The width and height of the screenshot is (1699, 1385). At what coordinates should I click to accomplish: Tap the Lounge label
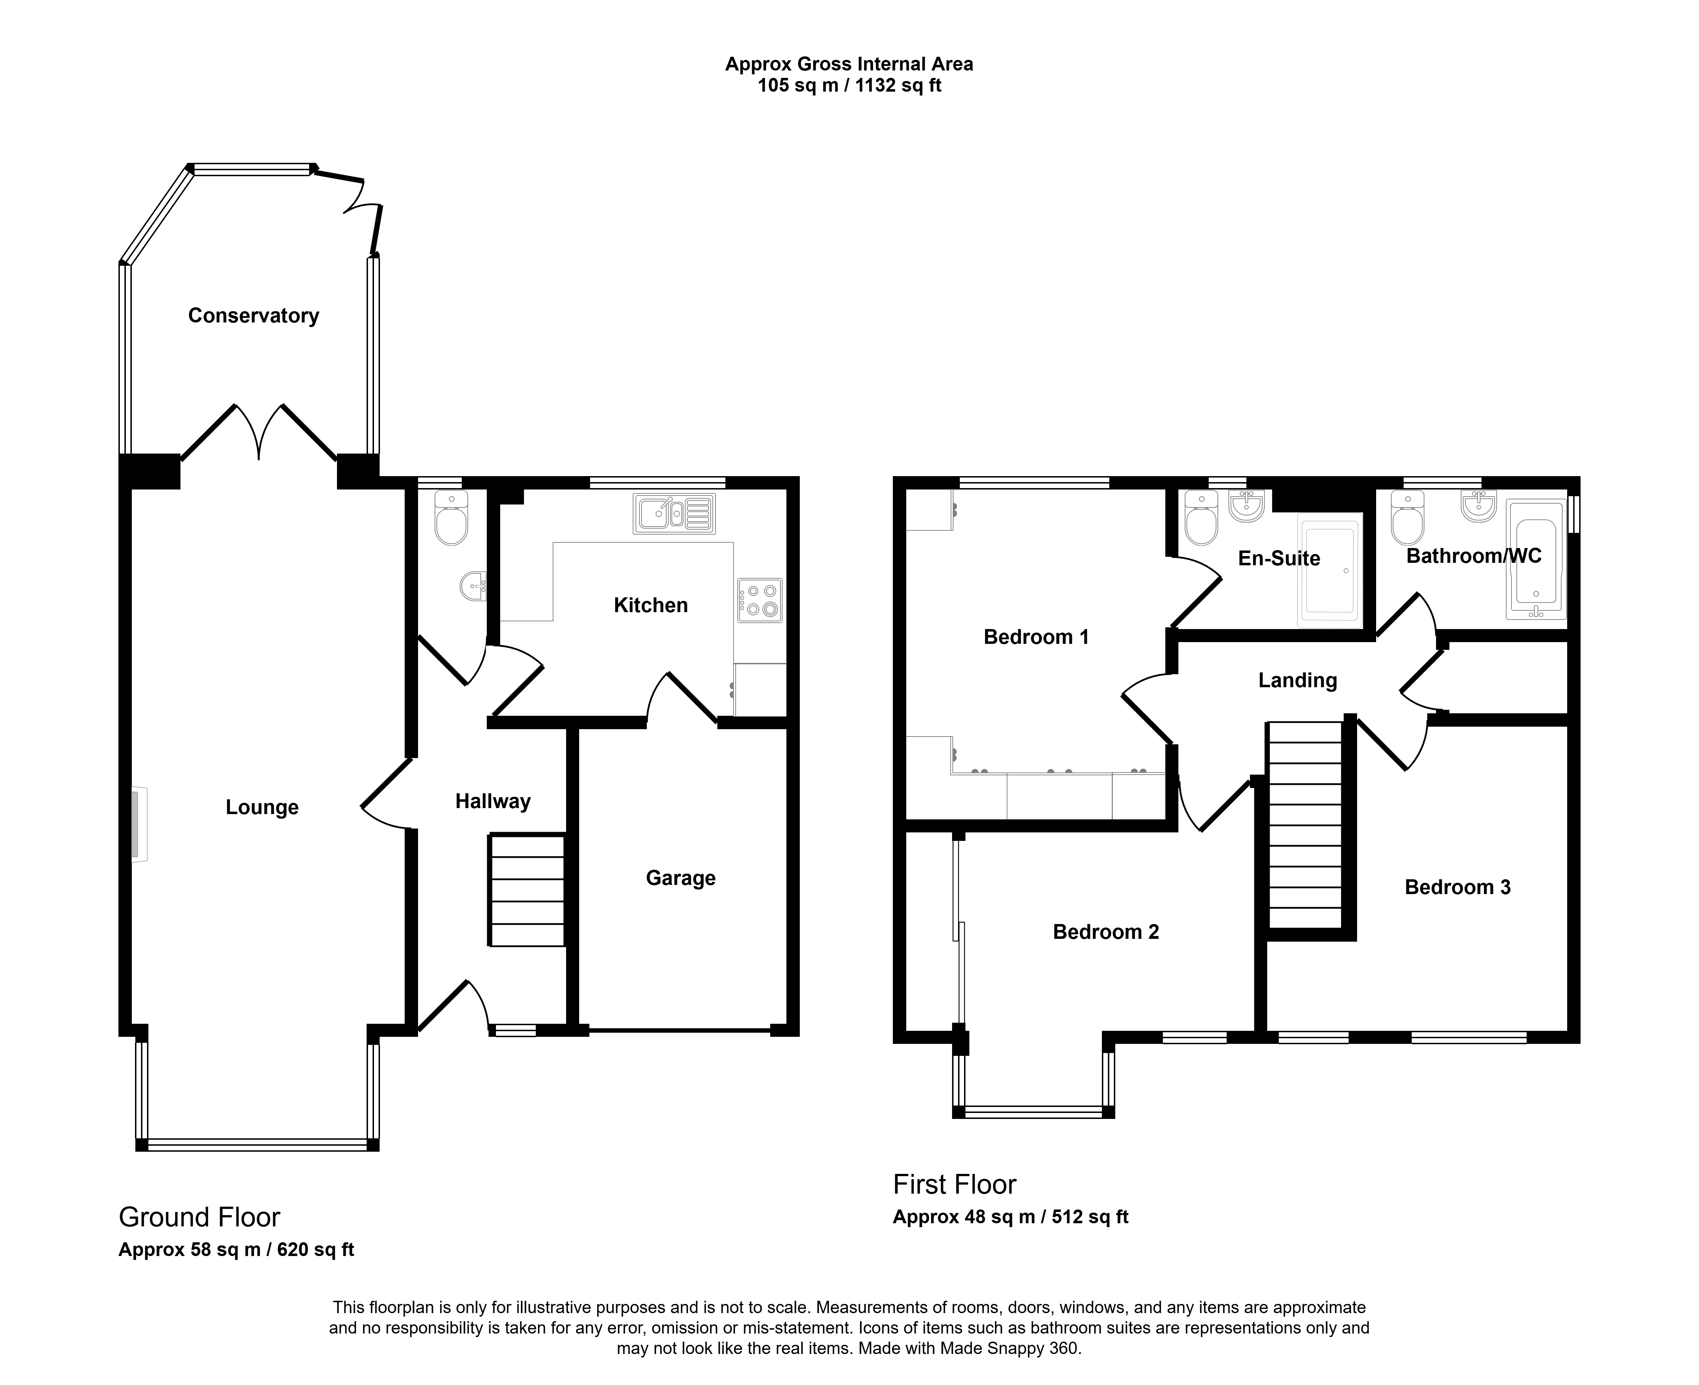(262, 807)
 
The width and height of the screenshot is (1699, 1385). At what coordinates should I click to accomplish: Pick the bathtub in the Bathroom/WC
(1535, 559)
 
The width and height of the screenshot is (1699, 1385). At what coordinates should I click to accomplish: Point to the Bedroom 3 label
(1457, 887)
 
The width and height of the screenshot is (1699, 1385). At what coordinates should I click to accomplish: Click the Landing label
(1298, 681)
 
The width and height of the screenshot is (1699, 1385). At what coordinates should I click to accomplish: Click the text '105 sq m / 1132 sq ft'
(849, 85)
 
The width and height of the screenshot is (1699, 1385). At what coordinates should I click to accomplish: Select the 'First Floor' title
(955, 1185)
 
